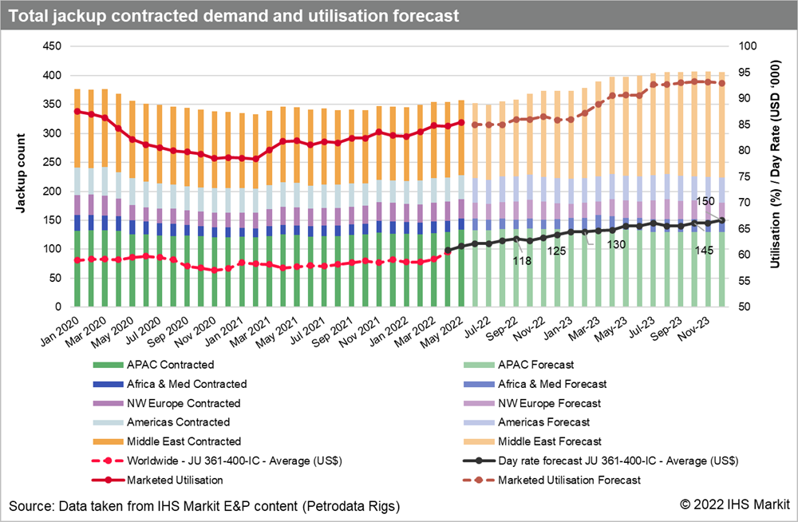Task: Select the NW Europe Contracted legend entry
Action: coord(184,403)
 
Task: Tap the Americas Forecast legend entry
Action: coord(544,422)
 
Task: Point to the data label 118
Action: coord(522,260)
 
